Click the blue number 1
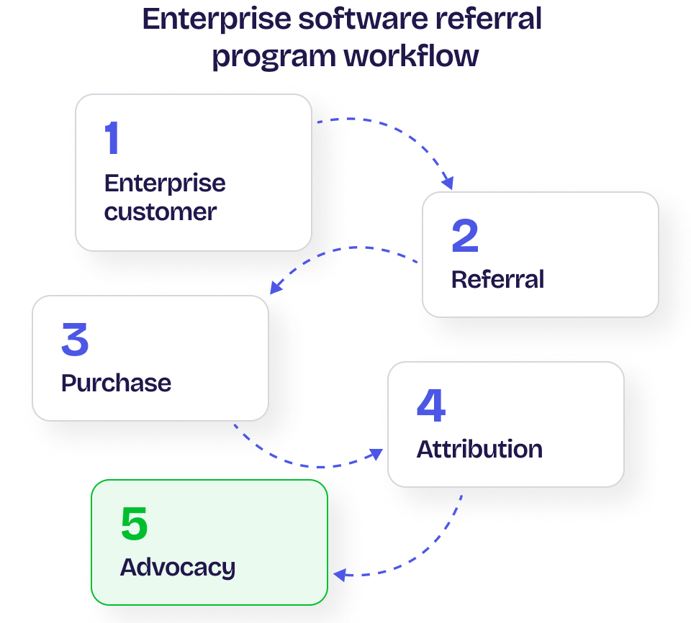112,138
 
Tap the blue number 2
465,236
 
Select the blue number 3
75,340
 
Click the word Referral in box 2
497,279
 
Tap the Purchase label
116,383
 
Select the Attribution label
479,449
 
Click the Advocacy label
177,568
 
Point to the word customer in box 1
160,212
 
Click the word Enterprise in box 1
165,183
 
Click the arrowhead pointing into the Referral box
448,183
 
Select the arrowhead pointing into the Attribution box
375,454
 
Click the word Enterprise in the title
208,19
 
